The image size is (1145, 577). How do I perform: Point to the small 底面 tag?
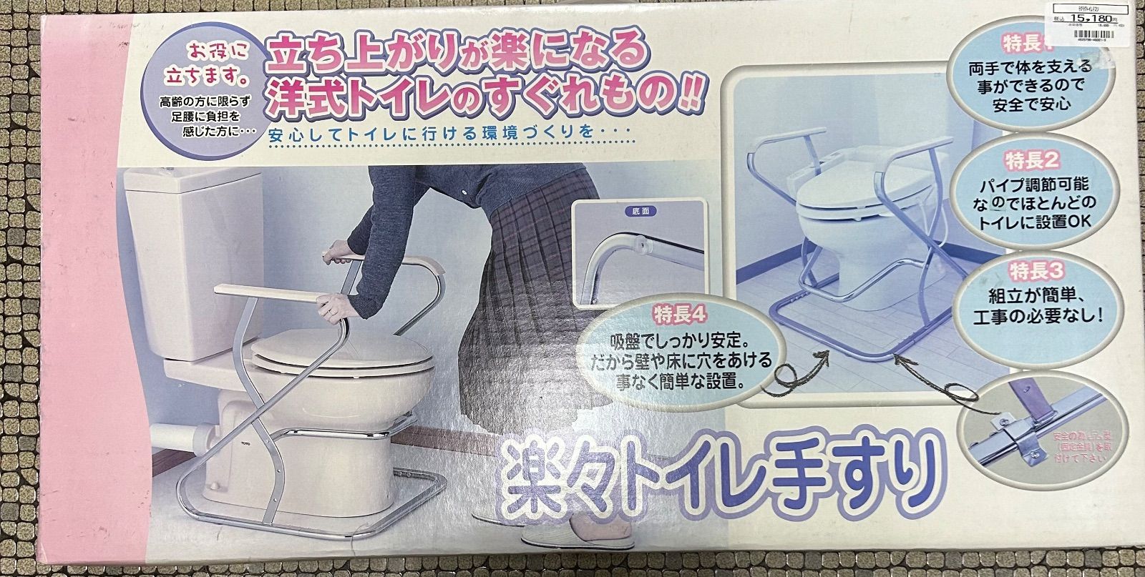[638, 211]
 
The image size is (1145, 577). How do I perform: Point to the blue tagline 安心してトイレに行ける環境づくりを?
[447, 134]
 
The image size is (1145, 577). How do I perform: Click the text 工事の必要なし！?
[1035, 312]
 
